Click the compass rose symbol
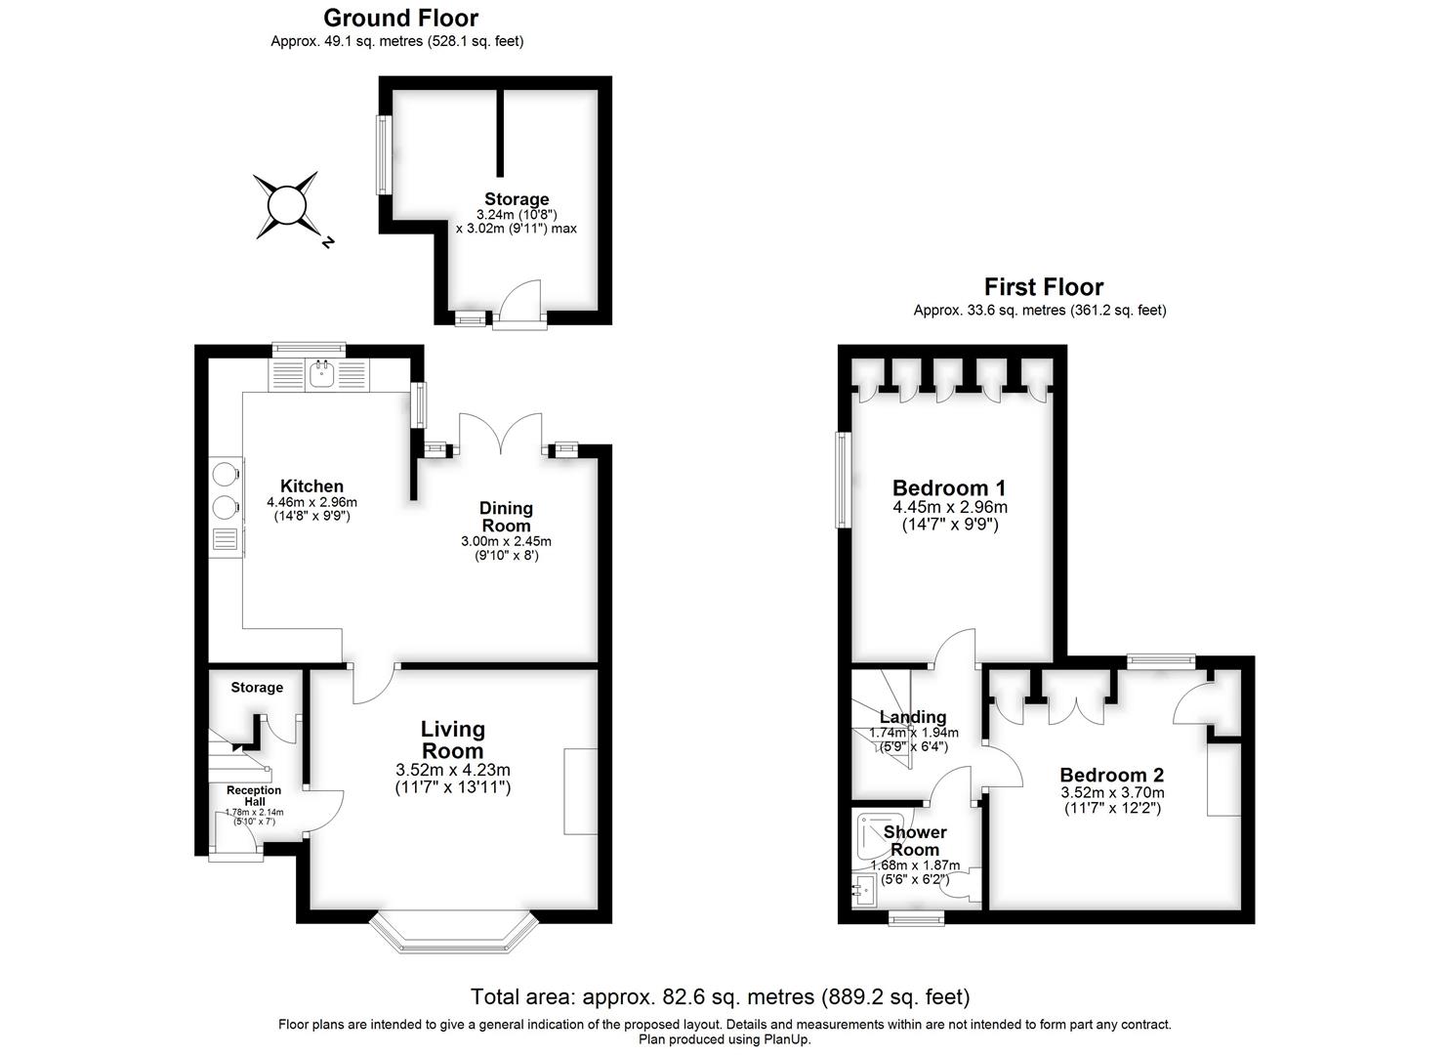[x=287, y=206]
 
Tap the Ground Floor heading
[x=400, y=18]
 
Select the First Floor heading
[x=1043, y=287]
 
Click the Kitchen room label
[x=311, y=486]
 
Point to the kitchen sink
[x=321, y=372]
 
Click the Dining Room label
[x=506, y=517]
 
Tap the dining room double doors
[x=502, y=434]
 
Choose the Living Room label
[x=452, y=739]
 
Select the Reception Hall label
[x=254, y=796]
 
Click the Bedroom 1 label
[x=949, y=488]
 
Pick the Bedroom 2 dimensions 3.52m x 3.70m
[x=1112, y=793]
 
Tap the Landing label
[x=913, y=717]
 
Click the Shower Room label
[x=915, y=840]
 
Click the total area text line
[x=720, y=997]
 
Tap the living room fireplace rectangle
[x=581, y=791]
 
